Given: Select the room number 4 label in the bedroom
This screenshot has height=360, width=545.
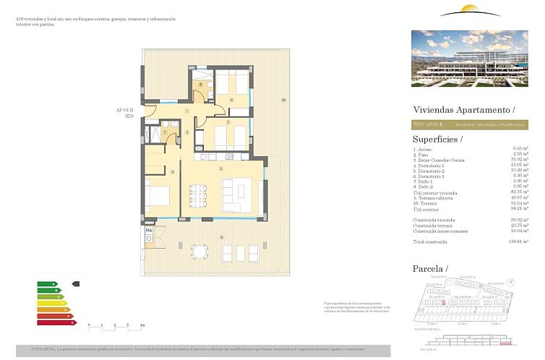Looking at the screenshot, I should [172, 171].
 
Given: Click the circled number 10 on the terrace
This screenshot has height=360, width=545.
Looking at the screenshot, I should [284, 100].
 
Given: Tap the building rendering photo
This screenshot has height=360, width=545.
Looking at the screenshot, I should [469, 59].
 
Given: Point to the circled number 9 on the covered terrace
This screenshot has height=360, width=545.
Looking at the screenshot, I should [221, 238].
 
